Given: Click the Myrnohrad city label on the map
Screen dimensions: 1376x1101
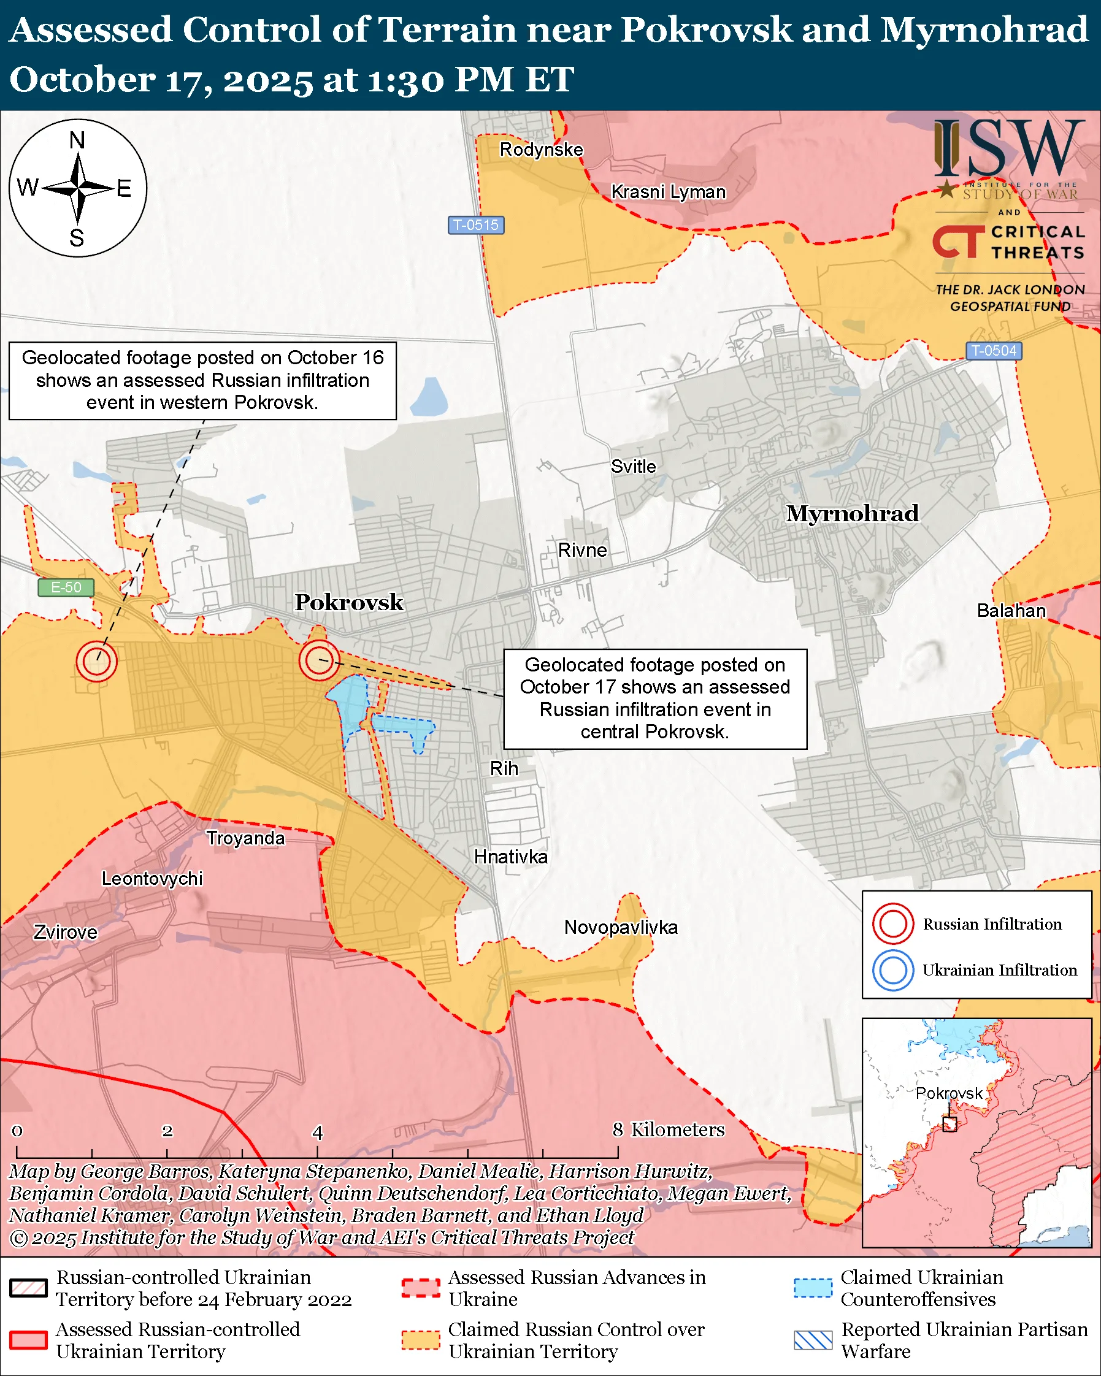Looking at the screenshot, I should pyautogui.click(x=852, y=514).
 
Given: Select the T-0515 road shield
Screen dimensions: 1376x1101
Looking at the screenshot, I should pyautogui.click(x=475, y=225).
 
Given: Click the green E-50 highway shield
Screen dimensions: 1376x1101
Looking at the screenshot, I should pyautogui.click(x=66, y=587).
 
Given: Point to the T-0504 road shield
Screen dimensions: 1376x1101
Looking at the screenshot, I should pyautogui.click(x=993, y=350).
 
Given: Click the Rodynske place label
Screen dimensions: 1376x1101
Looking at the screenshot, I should pyautogui.click(x=541, y=150).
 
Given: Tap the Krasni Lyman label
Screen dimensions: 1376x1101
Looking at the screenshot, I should pyautogui.click(x=668, y=192).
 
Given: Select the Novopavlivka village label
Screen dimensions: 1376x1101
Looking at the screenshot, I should pyautogui.click(x=620, y=927).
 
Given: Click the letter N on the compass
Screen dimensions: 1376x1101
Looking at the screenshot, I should pyautogui.click(x=77, y=140).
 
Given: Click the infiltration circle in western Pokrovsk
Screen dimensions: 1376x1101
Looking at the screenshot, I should pyautogui.click(x=96, y=661).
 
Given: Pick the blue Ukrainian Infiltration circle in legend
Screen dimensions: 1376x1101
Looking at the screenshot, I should pyautogui.click(x=893, y=970).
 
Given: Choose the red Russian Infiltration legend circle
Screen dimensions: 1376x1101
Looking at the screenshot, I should pyautogui.click(x=893, y=923).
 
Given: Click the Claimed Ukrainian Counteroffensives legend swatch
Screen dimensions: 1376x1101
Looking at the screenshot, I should pyautogui.click(x=813, y=1288).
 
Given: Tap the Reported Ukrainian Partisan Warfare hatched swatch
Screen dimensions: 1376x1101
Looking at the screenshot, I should pyautogui.click(x=813, y=1340).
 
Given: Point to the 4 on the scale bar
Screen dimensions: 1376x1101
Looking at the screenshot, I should pyautogui.click(x=317, y=1133).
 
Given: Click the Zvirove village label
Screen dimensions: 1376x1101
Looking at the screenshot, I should pyautogui.click(x=65, y=933).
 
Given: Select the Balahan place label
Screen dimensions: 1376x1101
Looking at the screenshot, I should pyautogui.click(x=1011, y=611).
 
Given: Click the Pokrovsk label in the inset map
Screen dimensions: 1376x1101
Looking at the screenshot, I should pyautogui.click(x=948, y=1093).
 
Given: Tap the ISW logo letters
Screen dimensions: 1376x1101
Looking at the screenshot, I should pyautogui.click(x=1008, y=149).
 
